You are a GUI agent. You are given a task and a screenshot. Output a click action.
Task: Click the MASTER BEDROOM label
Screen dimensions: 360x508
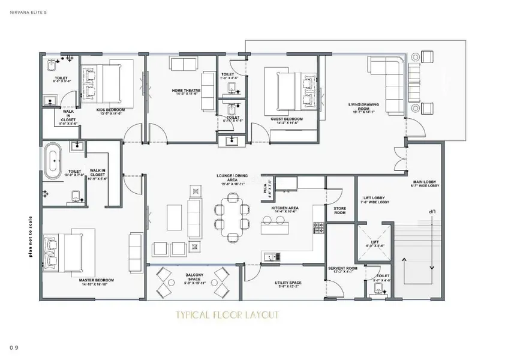[x=97, y=281]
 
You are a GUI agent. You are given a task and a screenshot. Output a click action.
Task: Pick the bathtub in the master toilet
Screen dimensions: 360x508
[x=54, y=161]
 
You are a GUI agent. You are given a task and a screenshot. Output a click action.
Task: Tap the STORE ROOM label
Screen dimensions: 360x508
[x=339, y=211]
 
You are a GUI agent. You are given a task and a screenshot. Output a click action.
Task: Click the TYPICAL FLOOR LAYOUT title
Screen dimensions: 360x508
[x=227, y=315]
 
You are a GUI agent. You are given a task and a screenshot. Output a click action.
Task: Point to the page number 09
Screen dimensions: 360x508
[x=14, y=347]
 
